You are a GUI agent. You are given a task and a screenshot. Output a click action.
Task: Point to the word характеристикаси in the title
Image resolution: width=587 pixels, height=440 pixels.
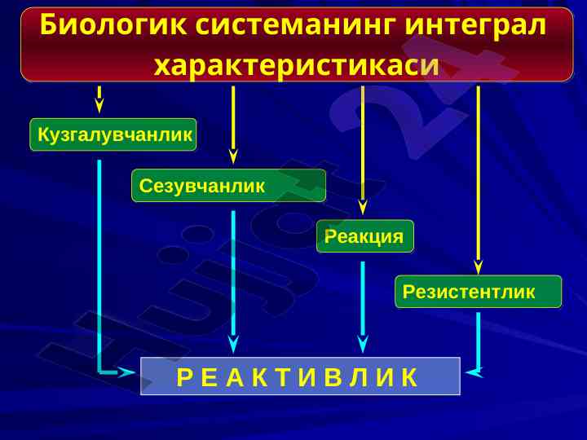click(296, 64)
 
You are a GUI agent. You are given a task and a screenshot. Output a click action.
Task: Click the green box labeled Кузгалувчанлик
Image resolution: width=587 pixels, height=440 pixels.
click(113, 134)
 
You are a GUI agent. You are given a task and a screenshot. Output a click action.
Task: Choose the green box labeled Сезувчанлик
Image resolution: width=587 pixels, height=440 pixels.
click(228, 186)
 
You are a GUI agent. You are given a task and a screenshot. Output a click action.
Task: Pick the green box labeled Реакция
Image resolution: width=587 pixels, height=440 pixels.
click(364, 236)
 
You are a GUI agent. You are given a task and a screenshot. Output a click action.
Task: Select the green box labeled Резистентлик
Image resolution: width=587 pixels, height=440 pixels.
click(478, 292)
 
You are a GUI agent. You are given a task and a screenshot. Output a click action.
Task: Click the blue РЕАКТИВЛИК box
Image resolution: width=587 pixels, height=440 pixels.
click(300, 376)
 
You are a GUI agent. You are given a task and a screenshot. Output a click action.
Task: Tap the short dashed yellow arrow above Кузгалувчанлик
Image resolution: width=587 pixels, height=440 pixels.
click(99, 99)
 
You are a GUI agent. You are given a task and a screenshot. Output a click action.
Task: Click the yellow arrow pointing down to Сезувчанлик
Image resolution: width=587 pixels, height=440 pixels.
click(233, 122)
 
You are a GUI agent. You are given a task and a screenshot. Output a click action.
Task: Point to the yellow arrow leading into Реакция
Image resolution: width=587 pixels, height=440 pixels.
click(363, 147)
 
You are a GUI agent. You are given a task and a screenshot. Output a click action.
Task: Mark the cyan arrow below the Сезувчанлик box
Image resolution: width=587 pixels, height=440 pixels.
click(233, 277)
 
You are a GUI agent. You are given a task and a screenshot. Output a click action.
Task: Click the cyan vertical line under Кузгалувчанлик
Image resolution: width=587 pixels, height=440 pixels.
click(99, 261)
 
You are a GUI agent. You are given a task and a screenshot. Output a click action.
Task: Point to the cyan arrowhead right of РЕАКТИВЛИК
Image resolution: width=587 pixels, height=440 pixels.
click(473, 372)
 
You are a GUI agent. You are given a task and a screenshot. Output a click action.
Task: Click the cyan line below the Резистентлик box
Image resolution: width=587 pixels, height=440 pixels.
click(479, 338)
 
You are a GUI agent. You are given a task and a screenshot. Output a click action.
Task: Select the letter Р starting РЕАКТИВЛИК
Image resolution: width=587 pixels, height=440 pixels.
click(183, 377)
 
